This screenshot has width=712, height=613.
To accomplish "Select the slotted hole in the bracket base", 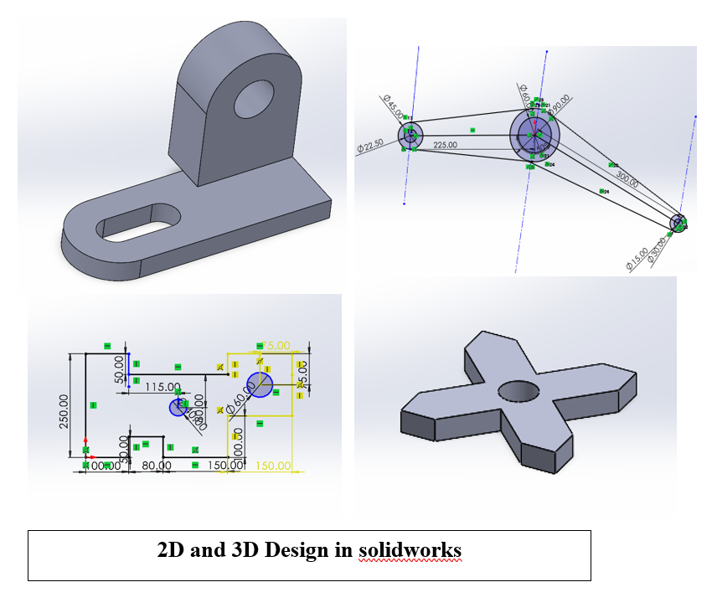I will (x=141, y=223).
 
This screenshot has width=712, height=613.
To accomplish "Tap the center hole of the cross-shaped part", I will (x=519, y=390).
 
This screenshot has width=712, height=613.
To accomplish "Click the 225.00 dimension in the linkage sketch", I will (x=445, y=145).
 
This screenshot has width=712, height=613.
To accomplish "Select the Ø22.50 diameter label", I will (x=369, y=145).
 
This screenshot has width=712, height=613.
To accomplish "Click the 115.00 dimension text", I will (x=163, y=387).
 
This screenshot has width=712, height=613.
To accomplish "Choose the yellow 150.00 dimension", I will (x=273, y=466).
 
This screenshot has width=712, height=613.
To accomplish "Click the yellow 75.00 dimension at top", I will (x=276, y=345).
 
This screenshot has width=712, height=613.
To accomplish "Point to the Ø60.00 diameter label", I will (x=240, y=404).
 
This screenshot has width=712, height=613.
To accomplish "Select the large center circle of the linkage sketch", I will (x=532, y=133).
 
